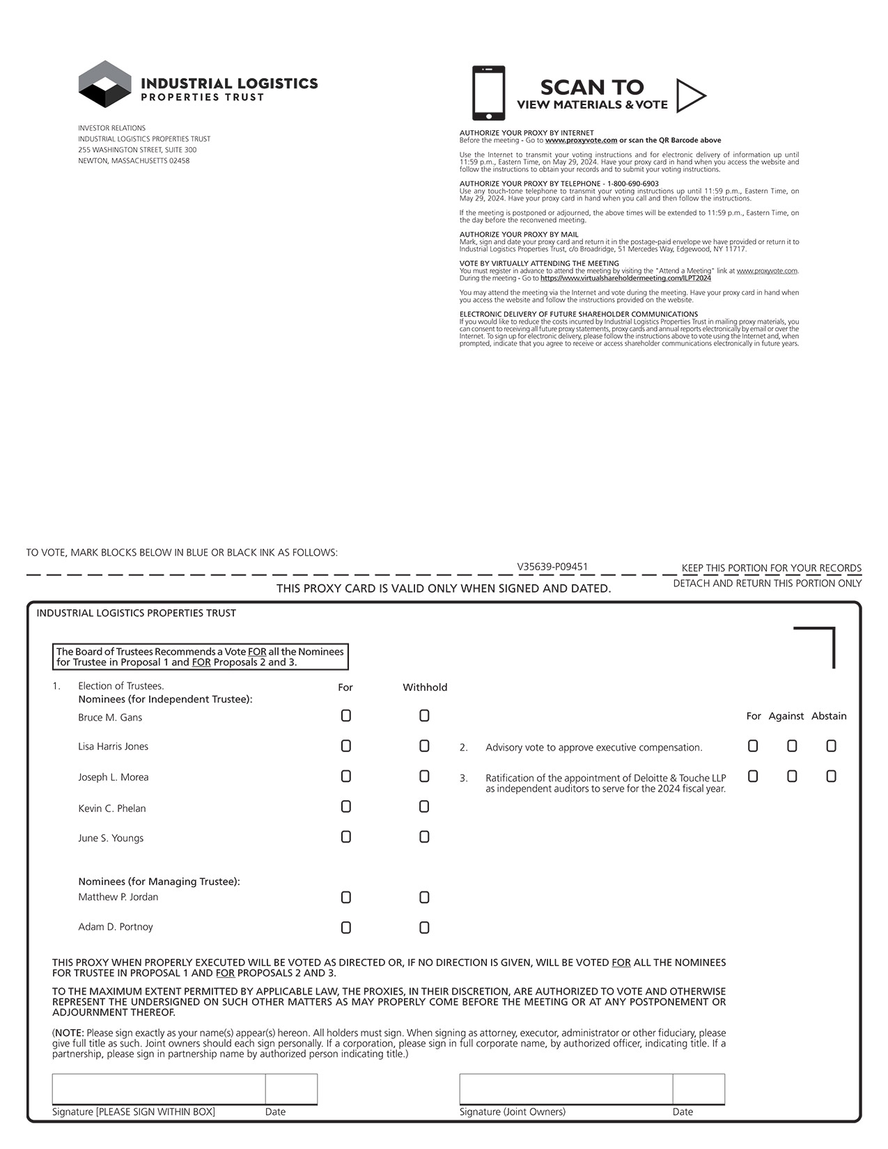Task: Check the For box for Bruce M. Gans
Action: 345,716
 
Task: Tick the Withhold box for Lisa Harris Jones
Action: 424,746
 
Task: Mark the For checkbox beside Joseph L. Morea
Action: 345,776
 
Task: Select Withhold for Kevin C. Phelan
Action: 424,806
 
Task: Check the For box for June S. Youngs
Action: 345,837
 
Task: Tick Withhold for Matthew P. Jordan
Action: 424,898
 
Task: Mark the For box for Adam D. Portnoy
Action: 345,928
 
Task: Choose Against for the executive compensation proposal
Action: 792,746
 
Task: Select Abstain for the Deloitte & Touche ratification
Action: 831,776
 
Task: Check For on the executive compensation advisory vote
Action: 753,746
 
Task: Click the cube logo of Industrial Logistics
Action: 104,84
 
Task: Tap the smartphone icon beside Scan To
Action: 488,93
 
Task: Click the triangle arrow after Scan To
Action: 690,95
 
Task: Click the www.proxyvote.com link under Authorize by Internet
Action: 581,140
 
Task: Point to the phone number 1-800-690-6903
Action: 632,184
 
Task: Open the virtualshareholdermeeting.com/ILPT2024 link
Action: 625,279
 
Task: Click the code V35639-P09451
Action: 552,567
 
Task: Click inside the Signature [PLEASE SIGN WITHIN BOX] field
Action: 158,1089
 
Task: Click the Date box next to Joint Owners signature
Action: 699,1089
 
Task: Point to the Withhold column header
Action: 425,687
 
